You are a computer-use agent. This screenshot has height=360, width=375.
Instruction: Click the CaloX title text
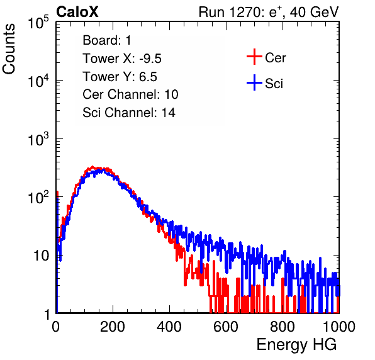point(77,12)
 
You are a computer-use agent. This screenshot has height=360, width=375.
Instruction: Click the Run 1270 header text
point(269,12)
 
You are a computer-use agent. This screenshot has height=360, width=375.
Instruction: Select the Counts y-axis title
point(9,49)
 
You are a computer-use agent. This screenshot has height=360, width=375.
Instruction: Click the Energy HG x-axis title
point(296,345)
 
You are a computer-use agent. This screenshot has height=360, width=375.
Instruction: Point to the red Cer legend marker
point(254,57)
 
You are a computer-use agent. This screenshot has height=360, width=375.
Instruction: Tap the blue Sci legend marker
point(254,82)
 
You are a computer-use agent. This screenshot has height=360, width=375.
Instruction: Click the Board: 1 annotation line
point(107,40)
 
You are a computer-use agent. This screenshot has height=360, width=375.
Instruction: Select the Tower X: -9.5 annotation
point(122,59)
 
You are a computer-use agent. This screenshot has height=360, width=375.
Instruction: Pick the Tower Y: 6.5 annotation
point(120,77)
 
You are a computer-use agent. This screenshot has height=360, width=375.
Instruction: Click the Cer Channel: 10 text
point(130,94)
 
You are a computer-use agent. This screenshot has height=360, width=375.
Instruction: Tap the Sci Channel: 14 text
point(129,113)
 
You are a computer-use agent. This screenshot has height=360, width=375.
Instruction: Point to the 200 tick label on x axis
point(113,327)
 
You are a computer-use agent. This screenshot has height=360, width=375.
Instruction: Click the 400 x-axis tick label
point(169,327)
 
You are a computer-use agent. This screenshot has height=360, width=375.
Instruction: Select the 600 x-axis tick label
point(226,327)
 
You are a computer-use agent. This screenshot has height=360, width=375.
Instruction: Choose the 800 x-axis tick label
point(283,327)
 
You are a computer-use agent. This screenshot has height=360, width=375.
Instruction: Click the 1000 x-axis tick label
point(339,327)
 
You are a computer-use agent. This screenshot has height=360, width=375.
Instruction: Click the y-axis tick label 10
point(41,256)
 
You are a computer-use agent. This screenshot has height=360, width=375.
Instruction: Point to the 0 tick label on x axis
point(56,327)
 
